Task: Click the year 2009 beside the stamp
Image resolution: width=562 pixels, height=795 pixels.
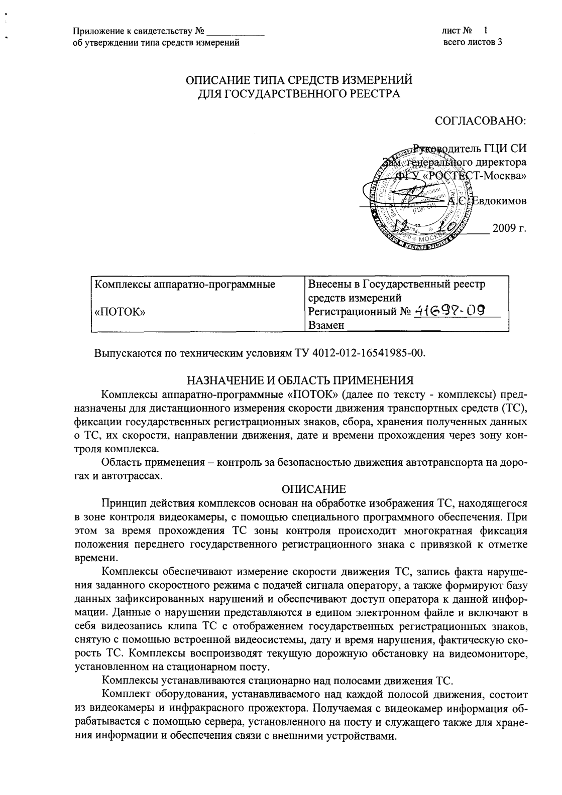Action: point(509,229)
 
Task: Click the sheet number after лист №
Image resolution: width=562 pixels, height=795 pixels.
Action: point(486,31)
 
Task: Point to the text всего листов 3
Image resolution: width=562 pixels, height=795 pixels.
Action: point(473,42)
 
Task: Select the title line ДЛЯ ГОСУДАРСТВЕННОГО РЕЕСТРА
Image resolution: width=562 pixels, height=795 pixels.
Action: point(299,93)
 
